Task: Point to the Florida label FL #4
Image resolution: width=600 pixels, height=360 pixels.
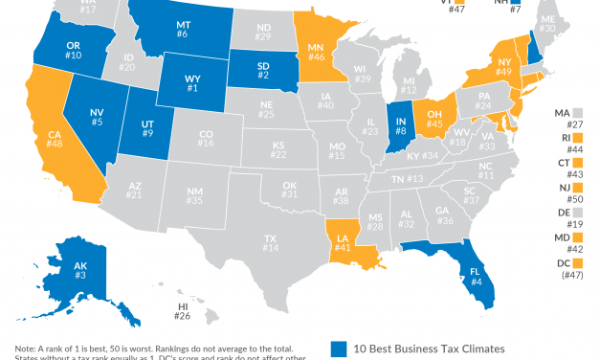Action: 476,276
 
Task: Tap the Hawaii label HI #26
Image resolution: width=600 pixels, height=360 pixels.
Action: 182,311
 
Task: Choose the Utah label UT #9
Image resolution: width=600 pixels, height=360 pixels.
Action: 145,128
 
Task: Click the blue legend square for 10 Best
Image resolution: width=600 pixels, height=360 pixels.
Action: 337,348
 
